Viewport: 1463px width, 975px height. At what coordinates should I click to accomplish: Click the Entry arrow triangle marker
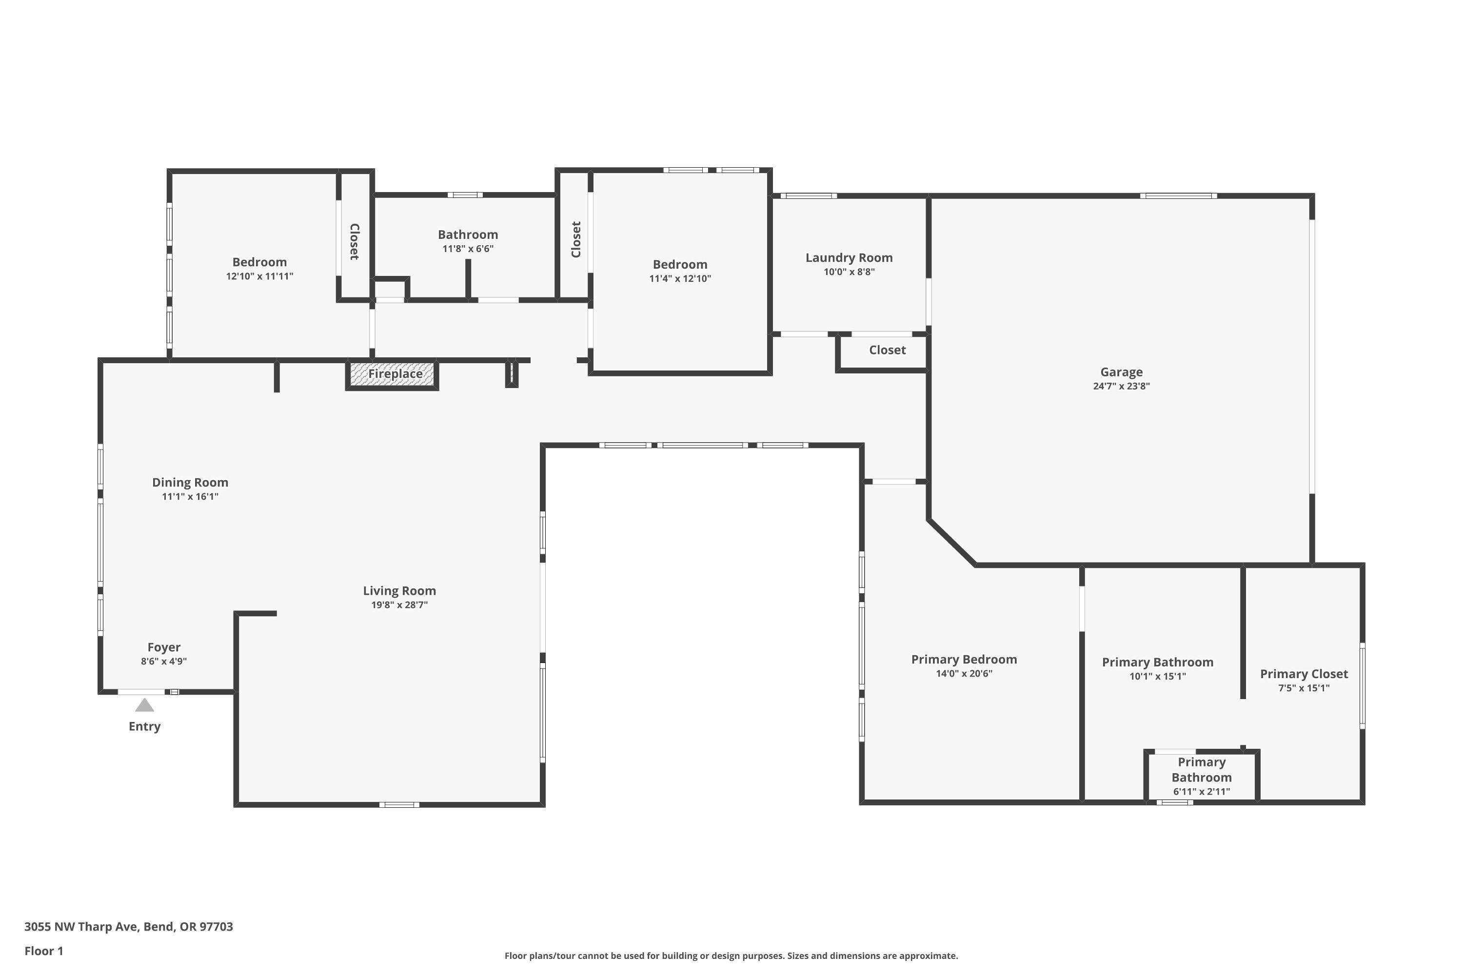click(x=144, y=705)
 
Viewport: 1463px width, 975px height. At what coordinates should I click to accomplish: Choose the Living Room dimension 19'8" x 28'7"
click(x=399, y=605)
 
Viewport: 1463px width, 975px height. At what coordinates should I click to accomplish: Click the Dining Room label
click(x=190, y=483)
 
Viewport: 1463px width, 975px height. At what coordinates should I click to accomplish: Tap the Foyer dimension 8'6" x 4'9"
click(x=163, y=662)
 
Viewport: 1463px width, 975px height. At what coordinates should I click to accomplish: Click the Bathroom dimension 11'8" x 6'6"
click(x=468, y=249)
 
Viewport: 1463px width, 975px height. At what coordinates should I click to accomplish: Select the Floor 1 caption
click(x=43, y=951)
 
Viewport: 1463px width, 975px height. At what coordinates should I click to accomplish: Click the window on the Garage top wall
click(x=1178, y=196)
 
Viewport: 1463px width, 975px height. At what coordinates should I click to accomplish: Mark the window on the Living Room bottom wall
click(x=399, y=805)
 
